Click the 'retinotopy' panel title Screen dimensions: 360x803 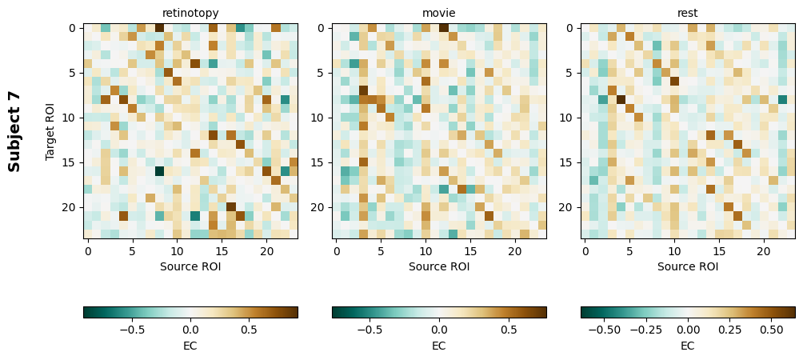pos(190,13)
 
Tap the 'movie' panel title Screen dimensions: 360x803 pos(439,13)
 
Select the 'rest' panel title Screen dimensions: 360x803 pos(688,13)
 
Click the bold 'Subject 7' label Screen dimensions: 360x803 pos(14,131)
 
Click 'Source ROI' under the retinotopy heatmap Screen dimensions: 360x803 pos(190,266)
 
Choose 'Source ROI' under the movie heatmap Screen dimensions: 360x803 pos(439,266)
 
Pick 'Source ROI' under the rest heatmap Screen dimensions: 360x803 pos(688,266)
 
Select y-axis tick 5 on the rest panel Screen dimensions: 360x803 pos(570,73)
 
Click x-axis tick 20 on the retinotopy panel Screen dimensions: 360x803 pos(266,250)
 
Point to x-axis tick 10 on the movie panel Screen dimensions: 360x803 pos(425,250)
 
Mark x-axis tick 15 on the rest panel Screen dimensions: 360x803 pos(719,250)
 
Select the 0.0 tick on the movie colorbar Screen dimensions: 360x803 pos(439,329)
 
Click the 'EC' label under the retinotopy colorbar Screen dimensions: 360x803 pos(190,346)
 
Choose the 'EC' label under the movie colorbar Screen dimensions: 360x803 pos(439,346)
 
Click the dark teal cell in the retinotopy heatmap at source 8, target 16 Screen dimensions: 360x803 pos(159,171)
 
